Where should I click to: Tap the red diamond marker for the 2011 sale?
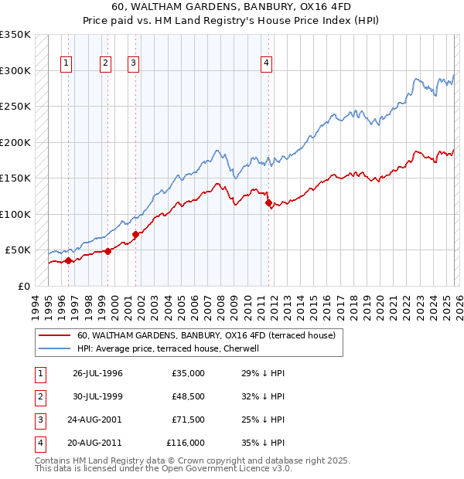[268, 203]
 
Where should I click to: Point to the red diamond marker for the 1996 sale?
[68, 260]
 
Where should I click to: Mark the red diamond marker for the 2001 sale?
[135, 234]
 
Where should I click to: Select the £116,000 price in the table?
[186, 443]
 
